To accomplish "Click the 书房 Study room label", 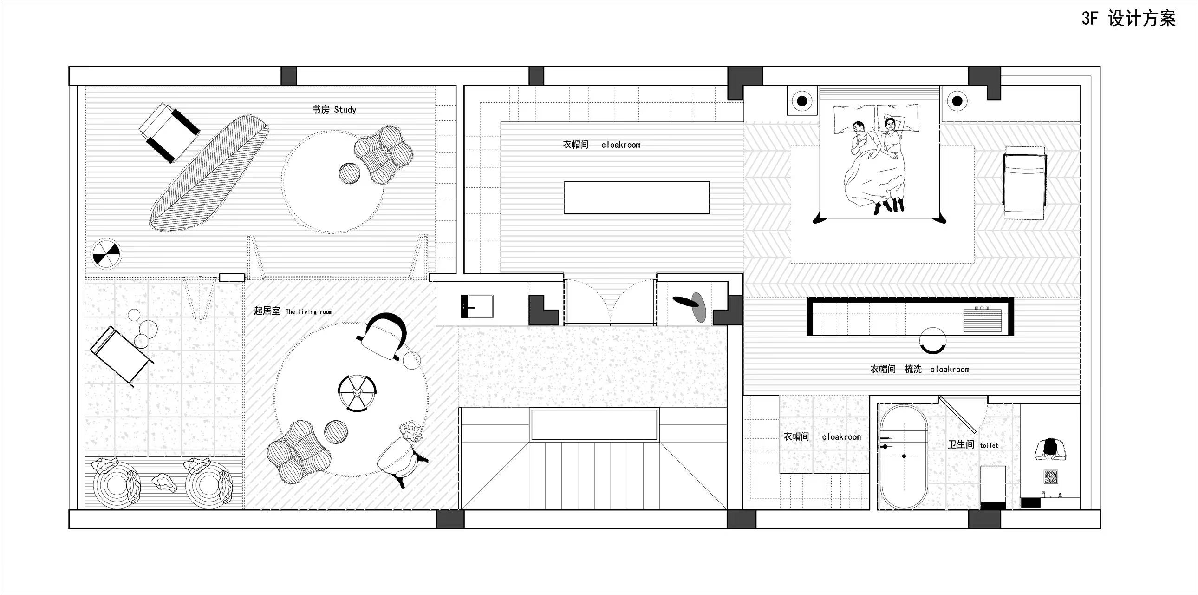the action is (x=334, y=110).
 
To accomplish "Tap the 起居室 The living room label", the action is (x=293, y=311).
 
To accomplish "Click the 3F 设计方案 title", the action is (x=1128, y=19).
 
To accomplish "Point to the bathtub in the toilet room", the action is (x=903, y=457).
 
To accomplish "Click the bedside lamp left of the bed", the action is (x=802, y=100).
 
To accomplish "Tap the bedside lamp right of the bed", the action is (x=957, y=100).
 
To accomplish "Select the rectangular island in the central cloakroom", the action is (x=637, y=198).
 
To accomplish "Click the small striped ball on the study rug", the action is (x=349, y=173).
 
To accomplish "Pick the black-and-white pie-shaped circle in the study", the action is (x=106, y=254).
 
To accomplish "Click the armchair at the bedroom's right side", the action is (x=1024, y=182).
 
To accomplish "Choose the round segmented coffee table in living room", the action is (x=357, y=393).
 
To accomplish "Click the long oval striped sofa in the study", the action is (x=209, y=174).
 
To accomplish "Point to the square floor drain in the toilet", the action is (x=1051, y=476).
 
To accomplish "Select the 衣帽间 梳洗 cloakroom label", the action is (x=920, y=369).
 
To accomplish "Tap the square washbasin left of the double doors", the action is (x=477, y=306).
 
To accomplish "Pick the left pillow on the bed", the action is (x=854, y=119).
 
